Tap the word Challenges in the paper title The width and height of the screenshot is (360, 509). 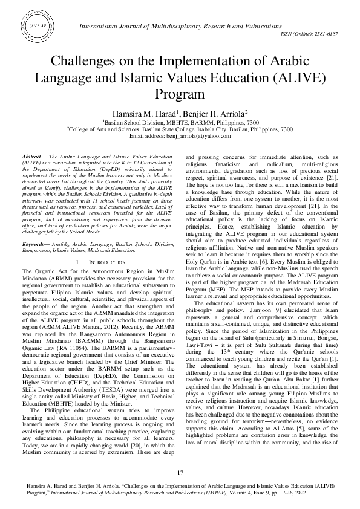[83, 62]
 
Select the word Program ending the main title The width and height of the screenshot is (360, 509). [180, 95]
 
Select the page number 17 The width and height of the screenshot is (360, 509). [180, 472]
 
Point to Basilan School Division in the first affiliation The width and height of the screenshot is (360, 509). [129, 122]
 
